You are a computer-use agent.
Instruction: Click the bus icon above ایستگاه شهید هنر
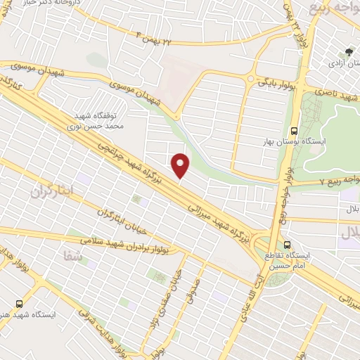tap(19, 304)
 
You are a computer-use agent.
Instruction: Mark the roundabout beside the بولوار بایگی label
tap(251, 78)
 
